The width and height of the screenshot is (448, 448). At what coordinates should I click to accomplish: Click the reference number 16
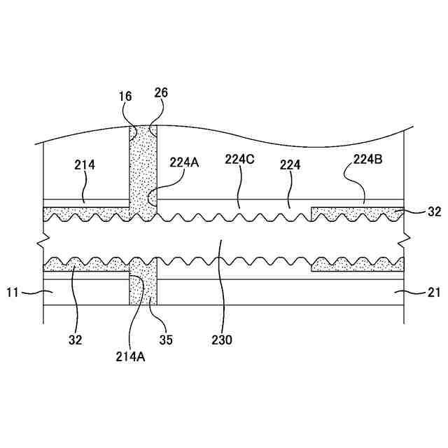point(125,96)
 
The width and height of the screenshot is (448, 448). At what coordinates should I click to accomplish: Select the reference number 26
point(161,92)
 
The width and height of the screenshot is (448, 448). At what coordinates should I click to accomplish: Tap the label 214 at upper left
point(84,164)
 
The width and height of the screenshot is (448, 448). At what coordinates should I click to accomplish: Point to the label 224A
point(184,162)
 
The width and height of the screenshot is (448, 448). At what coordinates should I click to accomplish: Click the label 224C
point(239,159)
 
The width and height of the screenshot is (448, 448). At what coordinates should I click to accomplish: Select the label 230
point(224,341)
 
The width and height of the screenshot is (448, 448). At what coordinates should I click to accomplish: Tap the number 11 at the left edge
point(14,293)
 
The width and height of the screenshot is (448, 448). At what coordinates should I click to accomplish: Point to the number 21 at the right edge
point(434,293)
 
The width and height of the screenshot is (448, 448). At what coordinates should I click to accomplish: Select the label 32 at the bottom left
point(76,340)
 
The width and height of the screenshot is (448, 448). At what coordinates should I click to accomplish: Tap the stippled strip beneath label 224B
point(357,212)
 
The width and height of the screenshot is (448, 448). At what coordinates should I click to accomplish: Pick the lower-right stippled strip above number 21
point(357,265)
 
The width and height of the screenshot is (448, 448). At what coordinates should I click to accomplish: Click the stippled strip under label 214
point(84,213)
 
